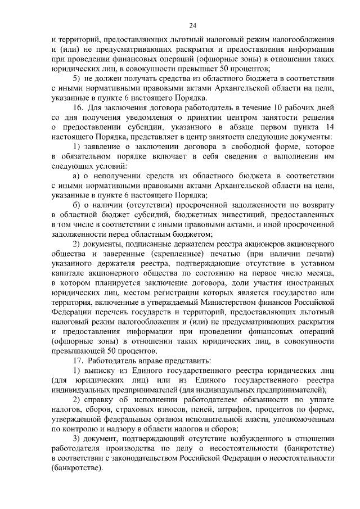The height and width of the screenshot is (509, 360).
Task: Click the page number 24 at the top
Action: point(193,25)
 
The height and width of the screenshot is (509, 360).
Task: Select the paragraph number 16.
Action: point(79,107)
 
